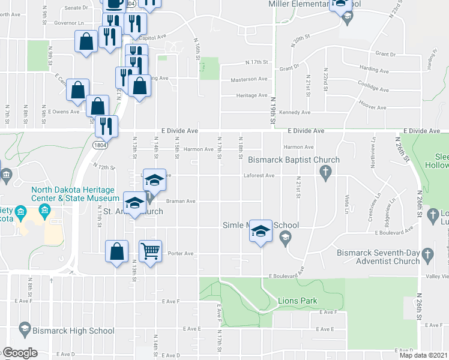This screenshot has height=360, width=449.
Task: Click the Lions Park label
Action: (x=297, y=301)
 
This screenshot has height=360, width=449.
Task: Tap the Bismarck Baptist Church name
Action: (x=294, y=160)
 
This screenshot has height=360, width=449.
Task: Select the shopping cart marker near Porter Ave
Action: (x=151, y=250)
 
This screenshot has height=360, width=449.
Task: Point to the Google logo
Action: (x=20, y=353)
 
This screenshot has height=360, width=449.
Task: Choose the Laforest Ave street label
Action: (x=259, y=176)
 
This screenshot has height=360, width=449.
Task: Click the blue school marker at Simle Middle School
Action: (x=261, y=231)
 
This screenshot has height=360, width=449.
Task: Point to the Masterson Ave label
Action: (x=249, y=79)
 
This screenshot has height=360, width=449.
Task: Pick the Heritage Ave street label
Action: (x=252, y=95)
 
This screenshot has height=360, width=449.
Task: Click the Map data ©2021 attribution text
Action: (x=424, y=355)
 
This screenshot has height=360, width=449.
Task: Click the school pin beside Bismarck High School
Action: (x=25, y=329)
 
